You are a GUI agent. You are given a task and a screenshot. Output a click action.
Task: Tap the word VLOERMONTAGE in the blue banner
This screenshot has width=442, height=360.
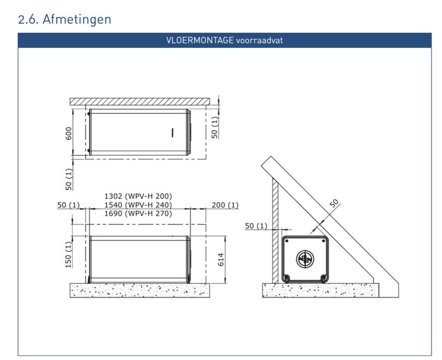click(x=200, y=41)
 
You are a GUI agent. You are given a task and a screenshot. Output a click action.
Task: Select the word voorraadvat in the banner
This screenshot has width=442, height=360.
click(x=260, y=41)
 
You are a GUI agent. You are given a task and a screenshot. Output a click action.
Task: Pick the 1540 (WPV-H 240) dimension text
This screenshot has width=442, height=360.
click(x=138, y=205)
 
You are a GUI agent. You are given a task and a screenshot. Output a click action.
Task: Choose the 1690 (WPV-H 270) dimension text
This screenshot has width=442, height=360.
click(x=138, y=213)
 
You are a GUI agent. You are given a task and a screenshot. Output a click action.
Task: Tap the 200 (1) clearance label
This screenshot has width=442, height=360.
click(x=225, y=205)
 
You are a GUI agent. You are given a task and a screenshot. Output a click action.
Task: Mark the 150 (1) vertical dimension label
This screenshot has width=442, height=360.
click(x=70, y=255)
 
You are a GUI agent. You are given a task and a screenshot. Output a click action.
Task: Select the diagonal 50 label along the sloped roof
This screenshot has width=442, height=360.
click(x=334, y=203)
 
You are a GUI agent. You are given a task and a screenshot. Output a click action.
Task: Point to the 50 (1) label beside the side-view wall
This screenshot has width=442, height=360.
click(x=256, y=226)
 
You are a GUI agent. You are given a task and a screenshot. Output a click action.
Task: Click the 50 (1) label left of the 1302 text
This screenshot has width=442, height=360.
click(x=69, y=205)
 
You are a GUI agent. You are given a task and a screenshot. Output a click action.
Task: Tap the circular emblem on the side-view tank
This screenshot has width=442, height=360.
click(x=304, y=258)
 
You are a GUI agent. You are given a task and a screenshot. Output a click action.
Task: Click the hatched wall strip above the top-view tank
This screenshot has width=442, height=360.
click(x=140, y=101)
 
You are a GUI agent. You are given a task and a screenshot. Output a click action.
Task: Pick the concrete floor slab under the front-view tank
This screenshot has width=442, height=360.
click(x=140, y=289)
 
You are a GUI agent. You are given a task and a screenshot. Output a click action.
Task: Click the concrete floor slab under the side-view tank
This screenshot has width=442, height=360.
click(x=320, y=289)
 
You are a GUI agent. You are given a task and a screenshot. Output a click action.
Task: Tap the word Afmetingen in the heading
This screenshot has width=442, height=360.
click(x=78, y=19)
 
